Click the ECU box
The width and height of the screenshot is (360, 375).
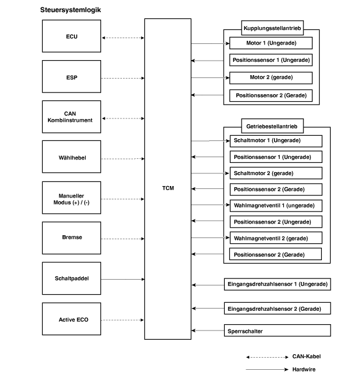pyautogui.click(x=72, y=36)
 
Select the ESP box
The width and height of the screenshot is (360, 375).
pyautogui.click(x=72, y=76)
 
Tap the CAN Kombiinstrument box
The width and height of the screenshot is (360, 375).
pyautogui.click(x=72, y=117)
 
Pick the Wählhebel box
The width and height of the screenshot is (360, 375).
pyautogui.click(x=72, y=157)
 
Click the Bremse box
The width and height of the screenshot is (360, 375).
pyautogui.click(x=72, y=238)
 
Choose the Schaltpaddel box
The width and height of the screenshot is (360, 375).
pyautogui.click(x=72, y=279)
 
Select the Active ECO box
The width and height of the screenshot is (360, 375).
pyautogui.click(x=72, y=319)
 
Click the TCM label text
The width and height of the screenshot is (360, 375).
pyautogui.click(x=168, y=188)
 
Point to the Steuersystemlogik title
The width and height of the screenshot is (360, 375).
pyautogui.click(x=70, y=10)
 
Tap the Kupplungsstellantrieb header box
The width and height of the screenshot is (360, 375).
pyautogui.click(x=272, y=28)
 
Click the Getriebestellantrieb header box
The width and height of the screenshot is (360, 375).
pyautogui.click(x=272, y=126)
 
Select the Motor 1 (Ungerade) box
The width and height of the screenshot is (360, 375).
pyautogui.click(x=271, y=43)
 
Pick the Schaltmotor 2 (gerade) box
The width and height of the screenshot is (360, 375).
pyautogui.click(x=276, y=173)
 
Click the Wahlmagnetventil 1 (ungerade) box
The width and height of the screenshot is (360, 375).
pyautogui.click(x=276, y=206)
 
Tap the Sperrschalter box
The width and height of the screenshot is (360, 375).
pyautogui.click(x=277, y=331)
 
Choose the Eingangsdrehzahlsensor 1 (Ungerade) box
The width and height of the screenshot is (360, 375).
pyautogui.click(x=277, y=284)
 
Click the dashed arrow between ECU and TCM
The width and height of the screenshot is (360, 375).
pyautogui.click(x=123, y=38)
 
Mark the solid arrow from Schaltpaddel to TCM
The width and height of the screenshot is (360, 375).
pyautogui.click(x=123, y=279)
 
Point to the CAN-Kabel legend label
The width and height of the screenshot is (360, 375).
pyautogui.click(x=306, y=357)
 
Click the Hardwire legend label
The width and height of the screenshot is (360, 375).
pyautogui.click(x=304, y=369)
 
